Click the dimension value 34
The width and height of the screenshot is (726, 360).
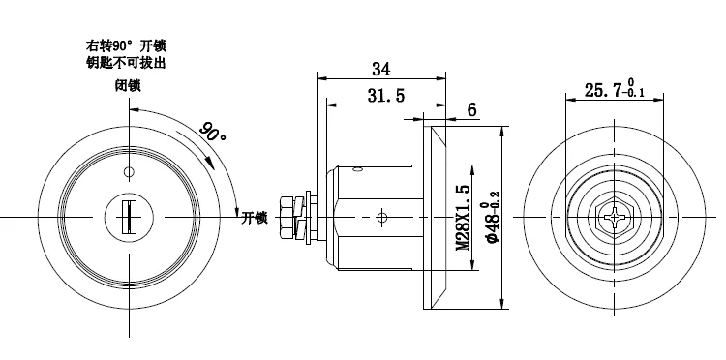pyautogui.click(x=381, y=70)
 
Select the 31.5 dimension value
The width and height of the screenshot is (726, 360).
pyautogui.click(x=386, y=96)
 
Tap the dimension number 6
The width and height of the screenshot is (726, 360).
pyautogui.click(x=471, y=110)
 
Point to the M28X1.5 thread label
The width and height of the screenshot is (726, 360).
pyautogui.click(x=464, y=218)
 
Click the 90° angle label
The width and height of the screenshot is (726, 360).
pyautogui.click(x=213, y=132)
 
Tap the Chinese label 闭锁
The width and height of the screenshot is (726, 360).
pyautogui.click(x=128, y=85)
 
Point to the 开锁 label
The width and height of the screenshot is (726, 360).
pyautogui.click(x=255, y=218)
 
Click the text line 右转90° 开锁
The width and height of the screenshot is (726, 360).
pyautogui.click(x=126, y=45)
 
